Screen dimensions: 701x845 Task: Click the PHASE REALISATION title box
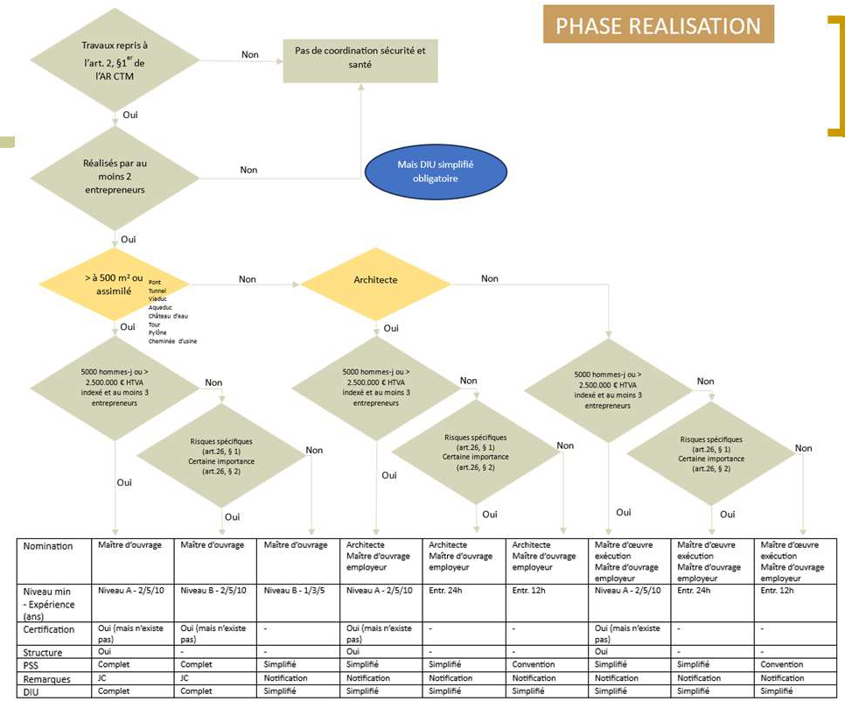pyautogui.click(x=658, y=25)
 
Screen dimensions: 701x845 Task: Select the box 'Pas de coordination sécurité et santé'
pyautogui.click(x=360, y=58)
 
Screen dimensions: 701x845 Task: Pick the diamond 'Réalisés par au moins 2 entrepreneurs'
pyautogui.click(x=115, y=175)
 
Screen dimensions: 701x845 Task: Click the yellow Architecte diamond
pyautogui.click(x=376, y=280)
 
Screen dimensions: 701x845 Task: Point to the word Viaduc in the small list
pyautogui.click(x=158, y=298)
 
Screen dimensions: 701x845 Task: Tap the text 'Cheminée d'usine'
pyautogui.click(x=172, y=340)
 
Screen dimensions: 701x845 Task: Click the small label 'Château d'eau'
pyautogui.click(x=168, y=315)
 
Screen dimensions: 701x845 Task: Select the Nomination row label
pyautogui.click(x=48, y=546)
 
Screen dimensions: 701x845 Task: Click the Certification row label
pyautogui.click(x=49, y=629)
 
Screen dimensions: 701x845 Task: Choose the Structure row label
pyautogui.click(x=42, y=652)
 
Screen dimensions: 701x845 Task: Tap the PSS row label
pyautogui.click(x=31, y=665)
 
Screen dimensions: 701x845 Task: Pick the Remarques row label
pyautogui.click(x=45, y=678)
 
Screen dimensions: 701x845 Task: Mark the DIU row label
pyautogui.click(x=31, y=691)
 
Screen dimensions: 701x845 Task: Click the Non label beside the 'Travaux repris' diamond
pyautogui.click(x=250, y=54)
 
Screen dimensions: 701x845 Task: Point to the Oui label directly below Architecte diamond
pyautogui.click(x=391, y=328)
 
